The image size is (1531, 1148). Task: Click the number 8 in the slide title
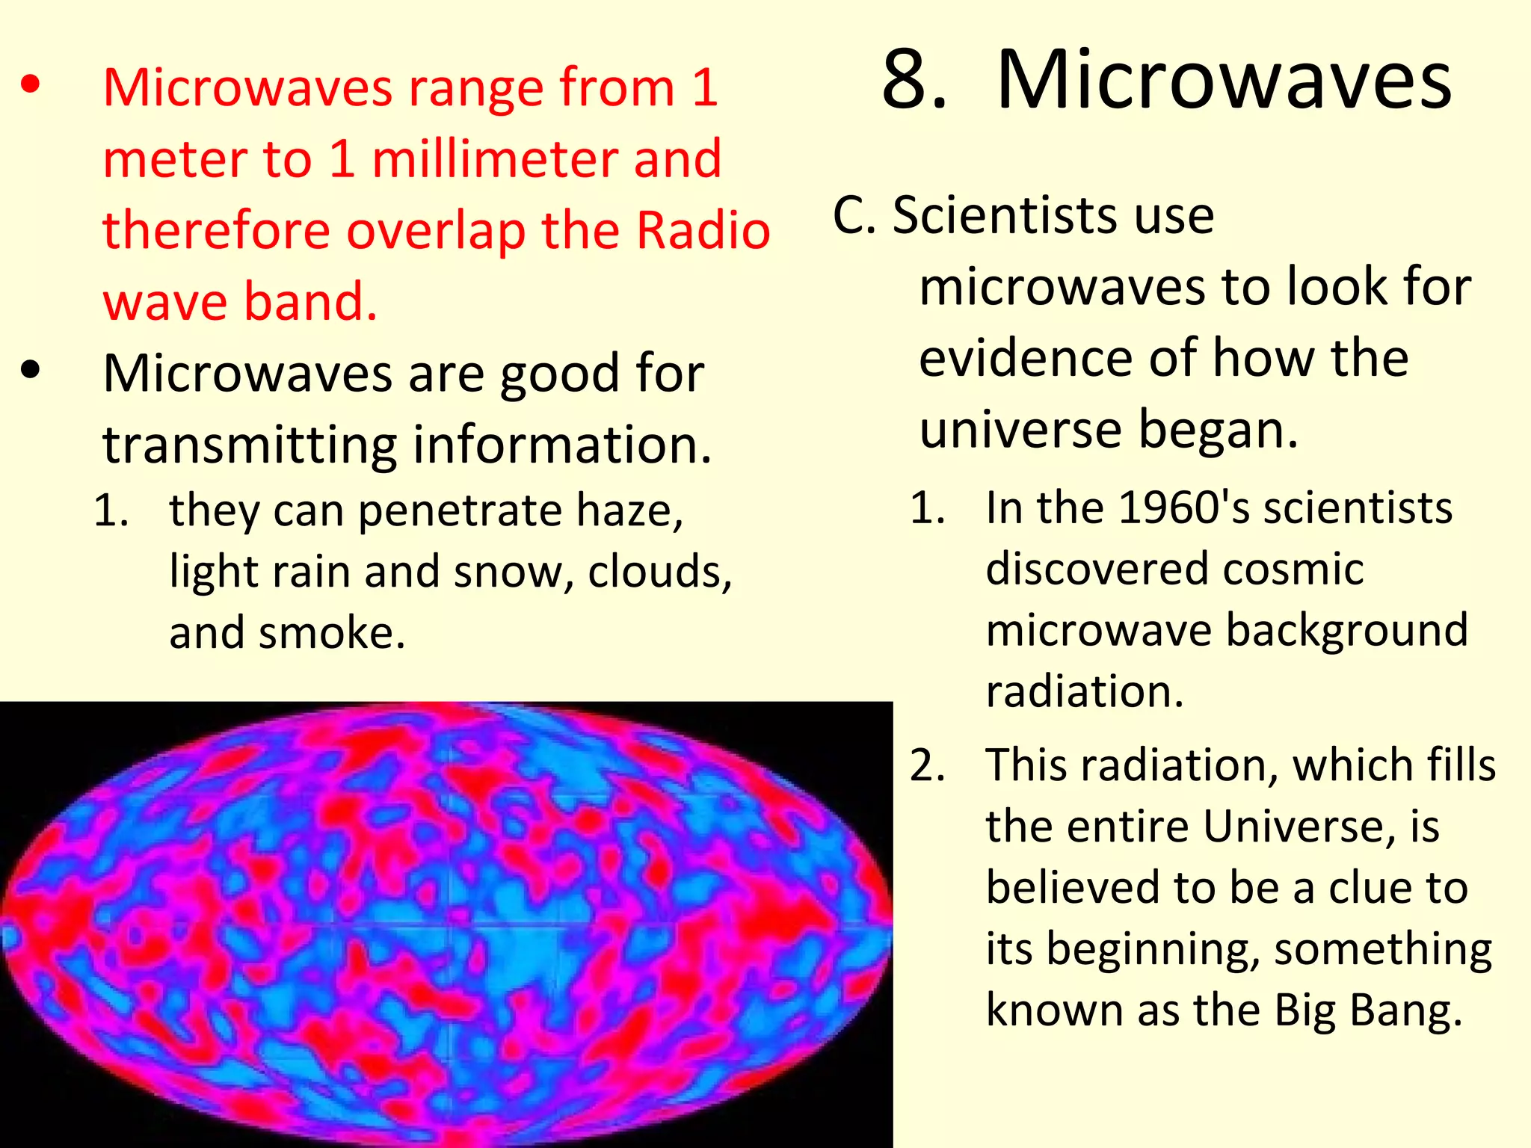tap(914, 80)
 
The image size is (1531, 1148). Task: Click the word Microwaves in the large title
tap(1224, 80)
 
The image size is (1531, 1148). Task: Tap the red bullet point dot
tap(31, 85)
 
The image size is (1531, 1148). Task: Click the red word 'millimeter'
tap(494, 159)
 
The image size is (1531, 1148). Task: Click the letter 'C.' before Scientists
tap(854, 216)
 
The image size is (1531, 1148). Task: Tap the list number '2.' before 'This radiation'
tap(928, 766)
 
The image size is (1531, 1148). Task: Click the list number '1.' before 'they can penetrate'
tap(111, 511)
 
